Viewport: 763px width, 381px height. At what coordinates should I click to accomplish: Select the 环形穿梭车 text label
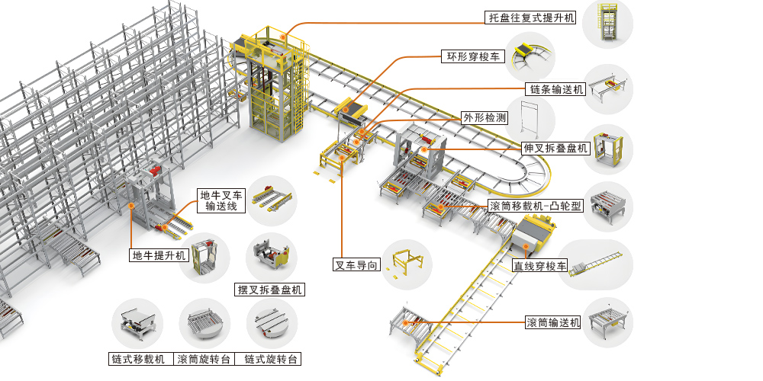tap(473, 56)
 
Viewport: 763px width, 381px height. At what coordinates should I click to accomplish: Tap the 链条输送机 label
tap(555, 90)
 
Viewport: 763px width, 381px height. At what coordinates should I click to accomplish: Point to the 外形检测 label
tap(485, 118)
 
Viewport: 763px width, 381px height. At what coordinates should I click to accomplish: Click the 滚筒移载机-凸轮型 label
tap(535, 206)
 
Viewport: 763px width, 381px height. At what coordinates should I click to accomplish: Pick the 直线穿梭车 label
tap(539, 266)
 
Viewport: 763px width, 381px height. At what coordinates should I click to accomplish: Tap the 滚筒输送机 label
tap(553, 322)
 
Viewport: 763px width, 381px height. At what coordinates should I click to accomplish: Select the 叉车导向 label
tap(356, 266)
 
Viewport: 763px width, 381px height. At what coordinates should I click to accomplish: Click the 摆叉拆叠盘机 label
tap(269, 290)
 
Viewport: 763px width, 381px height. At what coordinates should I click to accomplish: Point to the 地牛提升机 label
tap(159, 255)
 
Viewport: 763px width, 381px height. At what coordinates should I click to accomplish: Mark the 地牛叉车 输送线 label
tap(221, 200)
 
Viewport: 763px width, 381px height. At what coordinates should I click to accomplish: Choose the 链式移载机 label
tap(137, 359)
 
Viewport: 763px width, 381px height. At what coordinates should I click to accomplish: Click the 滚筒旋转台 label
tap(204, 359)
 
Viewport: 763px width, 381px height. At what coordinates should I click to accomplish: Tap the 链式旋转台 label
tap(270, 359)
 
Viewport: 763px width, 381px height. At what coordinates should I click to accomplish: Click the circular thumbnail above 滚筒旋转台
tap(204, 324)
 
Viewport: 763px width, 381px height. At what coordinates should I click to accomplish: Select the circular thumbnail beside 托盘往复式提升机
tap(607, 24)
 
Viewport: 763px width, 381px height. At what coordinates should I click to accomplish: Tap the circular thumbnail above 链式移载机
tap(137, 324)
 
